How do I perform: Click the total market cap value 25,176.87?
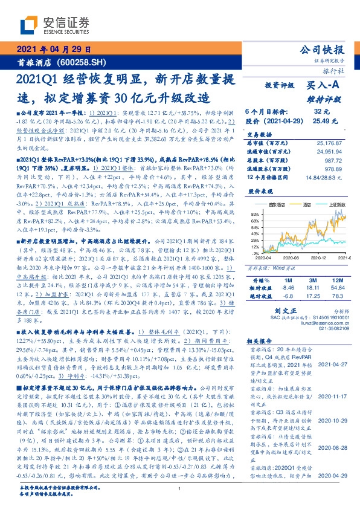(332, 143)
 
